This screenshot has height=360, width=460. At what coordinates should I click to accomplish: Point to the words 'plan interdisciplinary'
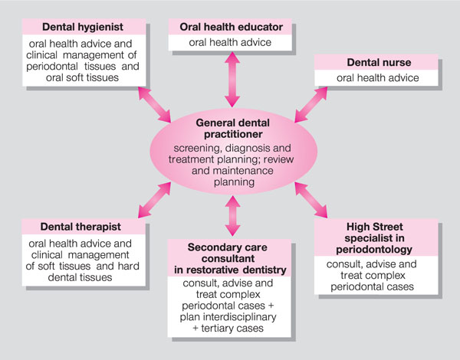pyautogui.click(x=231, y=316)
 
